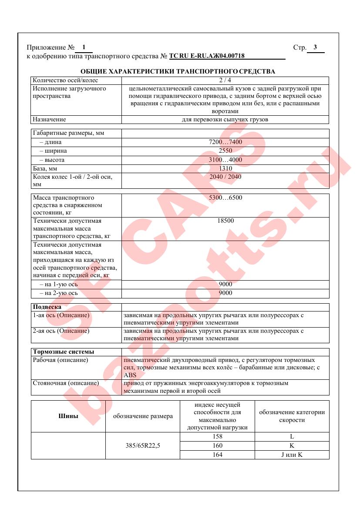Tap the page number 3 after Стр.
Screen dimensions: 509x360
(315, 47)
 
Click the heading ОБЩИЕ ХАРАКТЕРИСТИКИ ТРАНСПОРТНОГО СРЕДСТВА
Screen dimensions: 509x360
(178, 71)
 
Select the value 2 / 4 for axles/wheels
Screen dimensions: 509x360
(225, 80)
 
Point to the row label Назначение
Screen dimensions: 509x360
(49, 119)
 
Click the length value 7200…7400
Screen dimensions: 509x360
(225, 142)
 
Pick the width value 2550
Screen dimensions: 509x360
(225, 151)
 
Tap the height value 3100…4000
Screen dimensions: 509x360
(225, 160)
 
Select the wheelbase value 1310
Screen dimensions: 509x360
(225, 168)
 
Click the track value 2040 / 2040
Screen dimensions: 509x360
(225, 177)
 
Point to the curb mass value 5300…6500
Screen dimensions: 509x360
(225, 198)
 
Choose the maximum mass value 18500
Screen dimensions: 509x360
(225, 221)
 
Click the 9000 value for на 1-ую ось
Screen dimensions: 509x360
(225, 284)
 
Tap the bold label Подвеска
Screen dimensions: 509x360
(47, 307)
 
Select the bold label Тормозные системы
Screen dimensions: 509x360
(64, 352)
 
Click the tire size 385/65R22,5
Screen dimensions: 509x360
(143, 445)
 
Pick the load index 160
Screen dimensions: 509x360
(217, 445)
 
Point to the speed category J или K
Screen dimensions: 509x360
(292, 455)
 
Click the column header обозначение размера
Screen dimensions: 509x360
(143, 416)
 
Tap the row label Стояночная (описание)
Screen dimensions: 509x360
(66, 383)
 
